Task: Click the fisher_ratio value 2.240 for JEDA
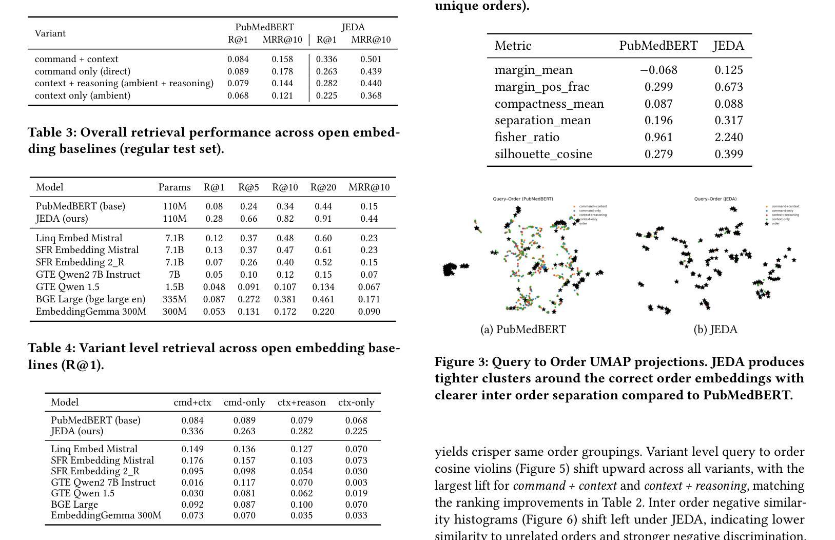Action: [x=728, y=137]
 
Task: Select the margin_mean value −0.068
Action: [x=658, y=70]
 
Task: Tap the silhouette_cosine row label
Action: [x=543, y=154]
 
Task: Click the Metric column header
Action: [x=513, y=46]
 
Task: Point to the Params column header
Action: [x=174, y=187]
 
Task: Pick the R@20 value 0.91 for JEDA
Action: [x=323, y=219]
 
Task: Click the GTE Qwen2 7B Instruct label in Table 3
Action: [x=88, y=275]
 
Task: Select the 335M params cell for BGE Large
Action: [x=174, y=299]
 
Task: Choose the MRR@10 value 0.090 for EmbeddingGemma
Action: [x=369, y=312]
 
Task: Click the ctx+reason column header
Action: [x=301, y=402]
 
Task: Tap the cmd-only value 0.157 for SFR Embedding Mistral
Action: [x=244, y=460]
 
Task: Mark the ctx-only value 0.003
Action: [x=356, y=483]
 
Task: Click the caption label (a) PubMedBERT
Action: [x=523, y=330]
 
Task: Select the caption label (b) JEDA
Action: [x=715, y=330]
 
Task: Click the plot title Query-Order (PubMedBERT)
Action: [x=522, y=199]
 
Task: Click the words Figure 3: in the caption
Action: [x=461, y=362]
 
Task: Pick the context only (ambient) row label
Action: [x=83, y=95]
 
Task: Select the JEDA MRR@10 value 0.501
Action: [x=371, y=60]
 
